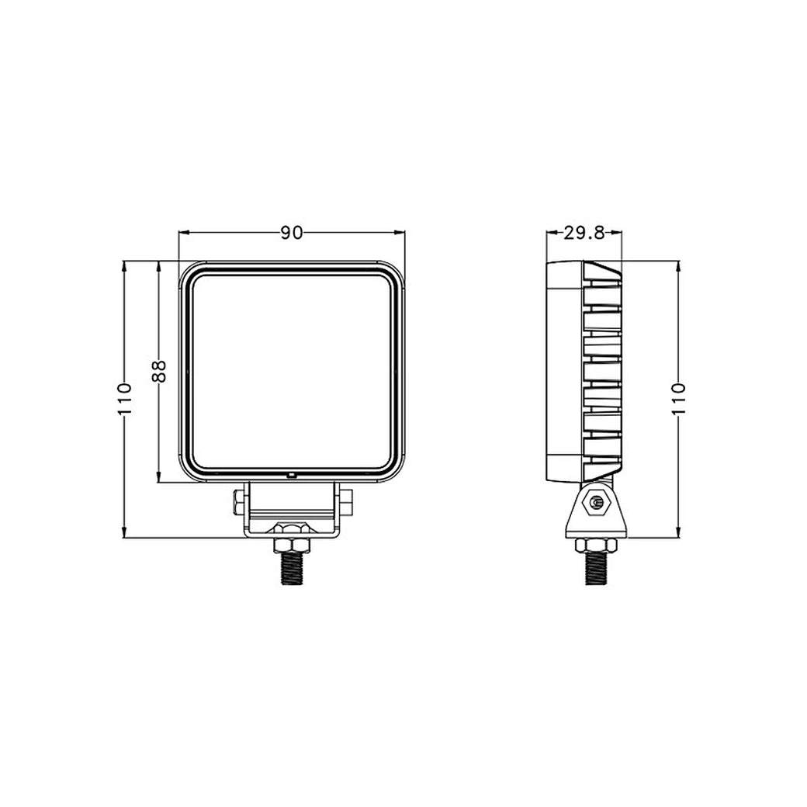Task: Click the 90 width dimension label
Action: point(291,233)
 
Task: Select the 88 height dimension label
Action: point(159,371)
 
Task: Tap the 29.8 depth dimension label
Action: point(584,233)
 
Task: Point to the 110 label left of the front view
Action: point(125,399)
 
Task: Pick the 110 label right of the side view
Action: point(679,399)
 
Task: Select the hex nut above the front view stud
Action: point(291,544)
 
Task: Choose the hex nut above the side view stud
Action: point(596,545)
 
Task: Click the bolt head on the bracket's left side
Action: point(238,501)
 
